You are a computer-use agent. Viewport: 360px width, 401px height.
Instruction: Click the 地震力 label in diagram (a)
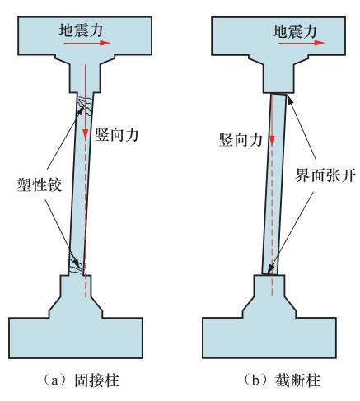point(81,30)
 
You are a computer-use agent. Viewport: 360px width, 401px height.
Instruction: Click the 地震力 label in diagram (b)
point(295,31)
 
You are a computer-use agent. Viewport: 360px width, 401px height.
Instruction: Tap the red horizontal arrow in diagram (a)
point(87,43)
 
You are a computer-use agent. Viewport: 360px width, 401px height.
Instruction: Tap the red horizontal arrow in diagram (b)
point(302,43)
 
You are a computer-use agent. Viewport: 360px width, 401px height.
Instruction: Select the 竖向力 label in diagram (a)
point(117,135)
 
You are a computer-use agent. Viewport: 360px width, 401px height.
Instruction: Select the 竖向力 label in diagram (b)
point(241,140)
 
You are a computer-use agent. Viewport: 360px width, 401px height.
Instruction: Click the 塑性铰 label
point(40,184)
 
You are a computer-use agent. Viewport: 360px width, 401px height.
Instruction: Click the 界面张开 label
point(325,175)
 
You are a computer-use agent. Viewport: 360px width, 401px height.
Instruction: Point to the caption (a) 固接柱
point(81,380)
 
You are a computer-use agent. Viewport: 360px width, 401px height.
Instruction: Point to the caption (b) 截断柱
point(283,380)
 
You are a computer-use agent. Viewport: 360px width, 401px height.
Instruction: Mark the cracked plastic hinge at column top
point(85,105)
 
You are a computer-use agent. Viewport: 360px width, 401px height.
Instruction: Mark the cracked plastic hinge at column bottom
point(77,264)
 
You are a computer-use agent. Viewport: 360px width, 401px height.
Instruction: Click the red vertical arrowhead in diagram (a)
point(86,134)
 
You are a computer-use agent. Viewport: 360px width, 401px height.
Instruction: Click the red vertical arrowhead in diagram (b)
point(272,140)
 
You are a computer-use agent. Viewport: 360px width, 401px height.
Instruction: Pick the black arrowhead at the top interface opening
point(289,99)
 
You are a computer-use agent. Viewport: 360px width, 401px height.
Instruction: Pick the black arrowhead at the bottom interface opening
point(270,269)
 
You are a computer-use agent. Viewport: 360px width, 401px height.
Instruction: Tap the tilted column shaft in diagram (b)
point(274,184)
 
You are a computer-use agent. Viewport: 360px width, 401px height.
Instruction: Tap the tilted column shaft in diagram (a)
point(81,184)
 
